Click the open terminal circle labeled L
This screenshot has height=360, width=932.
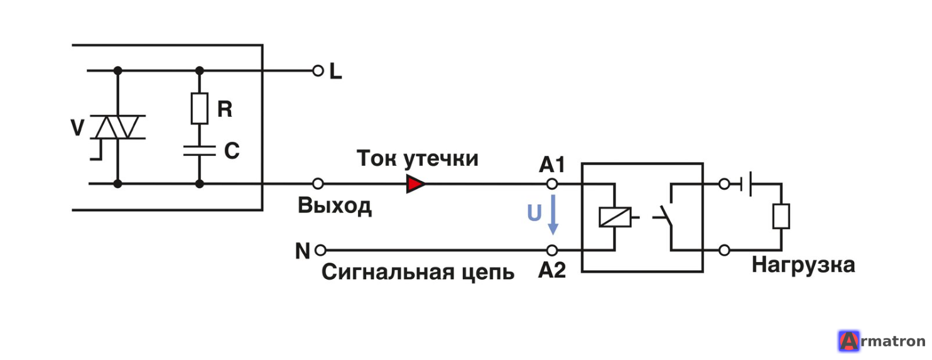318,71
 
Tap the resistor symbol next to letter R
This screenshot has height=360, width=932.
199,109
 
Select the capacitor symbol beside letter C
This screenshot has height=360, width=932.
199,151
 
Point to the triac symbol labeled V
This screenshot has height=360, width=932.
117,128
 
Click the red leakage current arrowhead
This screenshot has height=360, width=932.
416,184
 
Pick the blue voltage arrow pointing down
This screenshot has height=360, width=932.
553,215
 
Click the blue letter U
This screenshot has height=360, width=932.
534,213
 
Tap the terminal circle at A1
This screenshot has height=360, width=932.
552,184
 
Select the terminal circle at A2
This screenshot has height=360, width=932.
552,251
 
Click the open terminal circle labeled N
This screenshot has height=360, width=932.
320,251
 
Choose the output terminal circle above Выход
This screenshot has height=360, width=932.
318,184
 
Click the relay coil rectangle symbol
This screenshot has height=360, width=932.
615,217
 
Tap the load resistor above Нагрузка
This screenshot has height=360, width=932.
781,216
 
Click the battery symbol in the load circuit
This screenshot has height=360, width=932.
746,184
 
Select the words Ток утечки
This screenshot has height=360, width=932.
417,159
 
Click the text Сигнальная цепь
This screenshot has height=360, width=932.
418,273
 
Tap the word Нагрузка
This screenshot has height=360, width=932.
803,265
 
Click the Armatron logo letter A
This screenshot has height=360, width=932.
849,341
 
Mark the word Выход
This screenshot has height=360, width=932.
335,206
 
